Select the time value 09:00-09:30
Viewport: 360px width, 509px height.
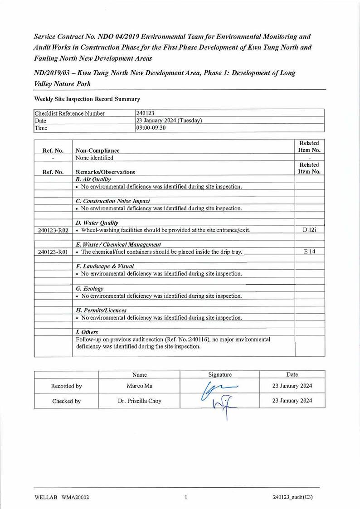pos(151,128)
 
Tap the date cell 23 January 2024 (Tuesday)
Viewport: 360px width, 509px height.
pos(169,121)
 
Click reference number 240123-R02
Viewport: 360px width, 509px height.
pos(53,230)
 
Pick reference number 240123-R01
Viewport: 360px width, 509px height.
pos(53,252)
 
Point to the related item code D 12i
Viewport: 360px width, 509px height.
pos(310,230)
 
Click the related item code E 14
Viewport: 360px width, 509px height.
pos(310,252)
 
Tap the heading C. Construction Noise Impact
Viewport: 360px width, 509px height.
pos(113,201)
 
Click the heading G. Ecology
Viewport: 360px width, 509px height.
pos(90,289)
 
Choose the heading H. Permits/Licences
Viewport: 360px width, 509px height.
pos(101,310)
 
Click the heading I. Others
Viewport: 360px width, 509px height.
pos(87,332)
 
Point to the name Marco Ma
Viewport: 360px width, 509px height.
pos(139,386)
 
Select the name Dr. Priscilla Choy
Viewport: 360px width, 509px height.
pos(139,401)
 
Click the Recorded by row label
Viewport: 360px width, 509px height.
pos(66,386)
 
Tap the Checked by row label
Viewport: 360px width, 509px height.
pos(66,401)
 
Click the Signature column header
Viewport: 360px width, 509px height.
pos(220,375)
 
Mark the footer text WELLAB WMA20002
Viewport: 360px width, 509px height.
pos(61,497)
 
